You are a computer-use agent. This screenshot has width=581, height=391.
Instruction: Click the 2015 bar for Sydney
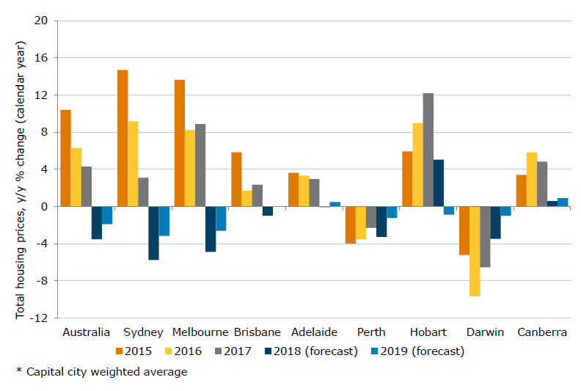(123, 138)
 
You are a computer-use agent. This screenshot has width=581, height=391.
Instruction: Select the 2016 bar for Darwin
(475, 251)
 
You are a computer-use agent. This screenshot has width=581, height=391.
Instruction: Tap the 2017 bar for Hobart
(428, 150)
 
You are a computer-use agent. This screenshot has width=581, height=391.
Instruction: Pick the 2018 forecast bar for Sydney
(153, 233)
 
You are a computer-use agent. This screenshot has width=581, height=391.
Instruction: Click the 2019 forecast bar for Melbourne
(221, 219)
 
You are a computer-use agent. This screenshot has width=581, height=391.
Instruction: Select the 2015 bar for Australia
(65, 158)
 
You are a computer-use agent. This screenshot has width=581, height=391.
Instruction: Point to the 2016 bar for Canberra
(532, 179)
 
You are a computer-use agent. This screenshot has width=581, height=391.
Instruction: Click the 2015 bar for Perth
(351, 224)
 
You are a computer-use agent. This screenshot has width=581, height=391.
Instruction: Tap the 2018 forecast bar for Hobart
(439, 183)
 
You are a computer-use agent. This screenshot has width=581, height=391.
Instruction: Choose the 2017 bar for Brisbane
(257, 195)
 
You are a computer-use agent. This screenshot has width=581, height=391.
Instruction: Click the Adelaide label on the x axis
(314, 332)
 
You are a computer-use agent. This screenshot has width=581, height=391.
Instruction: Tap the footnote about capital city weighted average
(102, 372)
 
